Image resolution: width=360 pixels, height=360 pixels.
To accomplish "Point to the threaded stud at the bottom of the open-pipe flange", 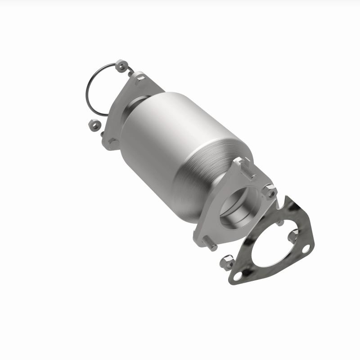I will pos(209,245).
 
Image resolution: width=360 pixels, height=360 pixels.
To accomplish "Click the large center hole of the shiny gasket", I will pos(272,245).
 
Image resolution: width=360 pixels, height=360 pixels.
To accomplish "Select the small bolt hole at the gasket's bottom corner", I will pos(238,274).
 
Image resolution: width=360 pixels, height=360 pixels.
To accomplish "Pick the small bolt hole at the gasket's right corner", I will pos(306,248).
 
